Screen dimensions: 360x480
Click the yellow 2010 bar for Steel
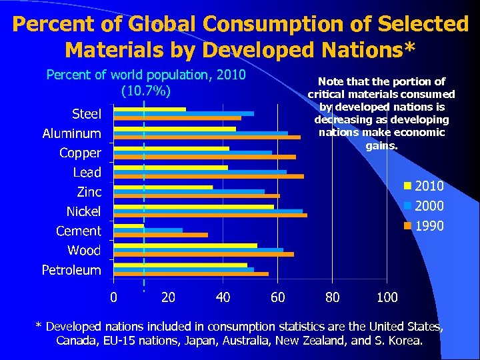pyautogui.click(x=150, y=109)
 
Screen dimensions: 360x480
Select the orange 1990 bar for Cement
pyautogui.click(x=161, y=235)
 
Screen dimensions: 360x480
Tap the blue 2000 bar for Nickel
pyautogui.click(x=208, y=211)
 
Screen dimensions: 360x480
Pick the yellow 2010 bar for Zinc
pyautogui.click(x=163, y=187)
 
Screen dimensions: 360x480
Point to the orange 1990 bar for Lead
pyautogui.click(x=209, y=177)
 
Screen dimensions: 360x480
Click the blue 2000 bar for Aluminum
pyautogui.click(x=201, y=133)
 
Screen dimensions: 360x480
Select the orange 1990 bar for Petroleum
pyautogui.click(x=191, y=274)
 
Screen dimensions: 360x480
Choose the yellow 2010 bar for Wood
pyautogui.click(x=185, y=245)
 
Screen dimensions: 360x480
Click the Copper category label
pyautogui.click(x=80, y=153)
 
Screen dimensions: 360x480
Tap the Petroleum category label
pyautogui.click(x=71, y=270)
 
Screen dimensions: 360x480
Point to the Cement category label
pyautogui.click(x=78, y=231)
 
